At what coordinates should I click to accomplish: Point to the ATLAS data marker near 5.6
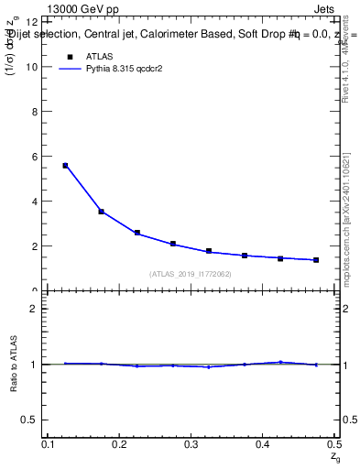[x=65, y=166]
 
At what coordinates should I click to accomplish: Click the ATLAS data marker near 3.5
[x=102, y=212]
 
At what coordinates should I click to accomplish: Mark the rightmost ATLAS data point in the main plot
[x=316, y=260]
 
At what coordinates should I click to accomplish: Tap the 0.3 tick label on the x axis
[x=191, y=444]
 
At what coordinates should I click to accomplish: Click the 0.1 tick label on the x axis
[x=48, y=444]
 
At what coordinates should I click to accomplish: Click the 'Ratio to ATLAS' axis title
[x=16, y=364]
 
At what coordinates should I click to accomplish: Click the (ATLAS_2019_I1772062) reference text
[x=191, y=274]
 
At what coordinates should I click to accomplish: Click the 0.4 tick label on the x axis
[x=262, y=444]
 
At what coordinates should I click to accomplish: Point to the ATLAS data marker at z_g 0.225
[x=137, y=233]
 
